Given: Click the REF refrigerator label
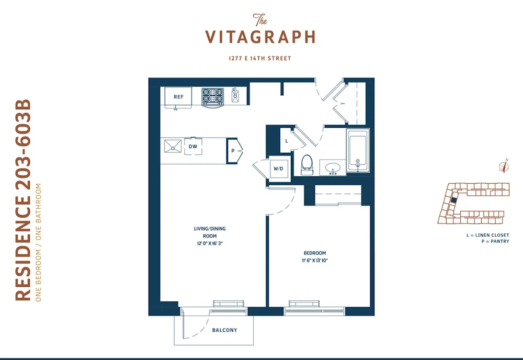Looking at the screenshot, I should click(x=178, y=97).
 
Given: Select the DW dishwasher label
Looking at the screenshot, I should click(x=193, y=147).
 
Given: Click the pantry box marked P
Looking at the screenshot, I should click(x=232, y=151).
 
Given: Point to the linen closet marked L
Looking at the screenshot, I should click(x=287, y=141).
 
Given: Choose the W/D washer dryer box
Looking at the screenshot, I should click(x=278, y=169).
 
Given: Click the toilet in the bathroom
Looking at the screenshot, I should click(x=306, y=164).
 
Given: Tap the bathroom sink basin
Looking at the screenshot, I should click(x=333, y=168).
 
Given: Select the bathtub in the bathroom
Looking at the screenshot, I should click(x=358, y=151).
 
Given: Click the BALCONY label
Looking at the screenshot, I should click(x=224, y=330).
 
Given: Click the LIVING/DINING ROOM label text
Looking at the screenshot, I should click(x=210, y=232).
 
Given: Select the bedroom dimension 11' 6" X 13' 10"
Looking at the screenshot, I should click(x=314, y=260).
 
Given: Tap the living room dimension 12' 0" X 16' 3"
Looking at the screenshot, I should click(x=210, y=243).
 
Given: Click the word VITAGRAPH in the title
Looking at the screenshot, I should click(x=260, y=37).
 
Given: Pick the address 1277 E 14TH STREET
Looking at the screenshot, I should click(x=260, y=59).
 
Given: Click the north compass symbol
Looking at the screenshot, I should click(x=504, y=166).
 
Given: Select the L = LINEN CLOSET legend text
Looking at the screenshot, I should click(x=487, y=235).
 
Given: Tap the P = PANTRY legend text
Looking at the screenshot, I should click(x=495, y=242).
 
